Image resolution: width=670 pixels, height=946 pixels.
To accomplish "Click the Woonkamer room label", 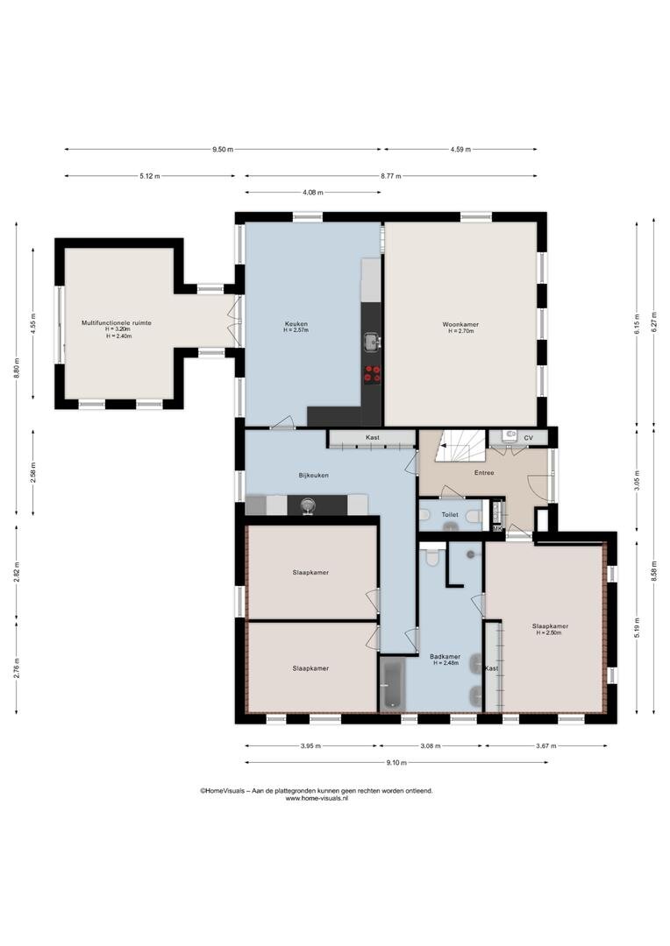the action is click(x=460, y=325).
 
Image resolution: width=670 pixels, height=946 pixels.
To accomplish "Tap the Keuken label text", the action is click(x=296, y=323).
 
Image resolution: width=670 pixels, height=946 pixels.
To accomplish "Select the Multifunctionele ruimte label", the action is click(x=117, y=323).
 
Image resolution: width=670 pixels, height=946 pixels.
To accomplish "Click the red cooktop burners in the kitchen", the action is click(x=372, y=373).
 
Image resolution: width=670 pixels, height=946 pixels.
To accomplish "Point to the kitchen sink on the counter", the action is click(x=372, y=342).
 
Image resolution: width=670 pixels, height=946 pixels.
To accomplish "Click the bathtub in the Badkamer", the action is click(x=393, y=684).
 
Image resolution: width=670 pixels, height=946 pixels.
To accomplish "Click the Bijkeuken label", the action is click(x=314, y=476).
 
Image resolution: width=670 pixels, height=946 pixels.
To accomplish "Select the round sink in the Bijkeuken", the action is click(x=309, y=505).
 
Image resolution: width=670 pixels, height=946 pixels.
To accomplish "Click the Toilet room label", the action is click(x=450, y=515).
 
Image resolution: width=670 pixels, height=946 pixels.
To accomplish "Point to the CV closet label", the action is click(x=528, y=438).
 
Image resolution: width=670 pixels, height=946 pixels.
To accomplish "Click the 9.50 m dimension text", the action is click(x=223, y=150).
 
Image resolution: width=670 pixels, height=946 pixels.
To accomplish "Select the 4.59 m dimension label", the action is click(x=460, y=150).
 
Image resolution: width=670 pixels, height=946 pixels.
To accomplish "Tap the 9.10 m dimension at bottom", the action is click(x=396, y=763).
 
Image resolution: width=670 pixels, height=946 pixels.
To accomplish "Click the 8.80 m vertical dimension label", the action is click(x=17, y=368).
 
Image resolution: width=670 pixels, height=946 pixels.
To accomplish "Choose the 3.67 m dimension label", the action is click(x=545, y=746).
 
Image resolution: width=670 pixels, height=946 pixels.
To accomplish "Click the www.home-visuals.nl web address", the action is click(x=317, y=798).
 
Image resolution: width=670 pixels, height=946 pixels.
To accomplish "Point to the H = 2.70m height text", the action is click(x=460, y=331).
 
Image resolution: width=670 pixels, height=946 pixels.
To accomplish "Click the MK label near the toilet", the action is click(x=497, y=529).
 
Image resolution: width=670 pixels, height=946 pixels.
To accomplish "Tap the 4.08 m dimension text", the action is click(x=312, y=193).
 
